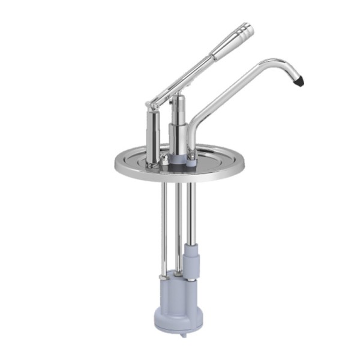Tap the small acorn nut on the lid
pos(163,159)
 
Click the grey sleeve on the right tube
pos(191,258)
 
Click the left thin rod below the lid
pos(162,228)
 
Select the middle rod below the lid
pos(177,228)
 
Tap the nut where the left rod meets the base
pos(162,277)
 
